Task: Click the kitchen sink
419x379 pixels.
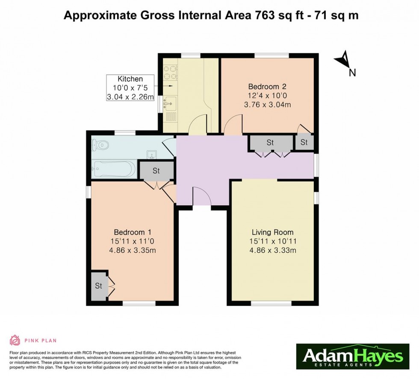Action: [170, 102]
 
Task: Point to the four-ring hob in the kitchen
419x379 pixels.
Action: [170, 72]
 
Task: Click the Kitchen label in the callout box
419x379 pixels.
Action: [130, 79]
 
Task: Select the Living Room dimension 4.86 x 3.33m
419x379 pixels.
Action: [272, 251]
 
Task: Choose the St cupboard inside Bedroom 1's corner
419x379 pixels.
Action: [98, 286]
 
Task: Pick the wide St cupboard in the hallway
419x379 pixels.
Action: [270, 143]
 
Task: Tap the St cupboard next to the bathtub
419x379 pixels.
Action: [156, 171]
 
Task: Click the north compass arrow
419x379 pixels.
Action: [343, 61]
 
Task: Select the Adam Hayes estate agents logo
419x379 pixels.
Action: [353, 356]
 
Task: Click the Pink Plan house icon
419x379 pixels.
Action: [15, 340]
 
